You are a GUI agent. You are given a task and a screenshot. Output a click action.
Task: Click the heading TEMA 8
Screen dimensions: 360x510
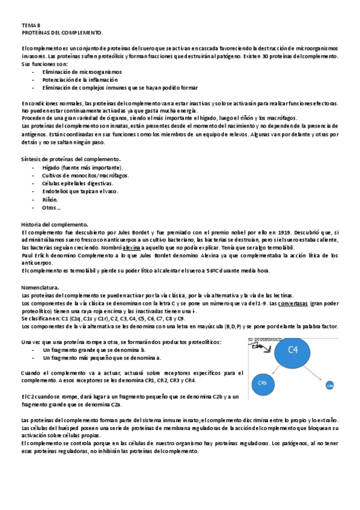[x=29, y=25]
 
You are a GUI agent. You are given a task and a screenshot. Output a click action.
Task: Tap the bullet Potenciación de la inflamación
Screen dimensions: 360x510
[x=79, y=79]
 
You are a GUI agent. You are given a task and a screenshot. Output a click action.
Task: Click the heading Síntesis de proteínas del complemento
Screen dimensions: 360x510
[x=72, y=159]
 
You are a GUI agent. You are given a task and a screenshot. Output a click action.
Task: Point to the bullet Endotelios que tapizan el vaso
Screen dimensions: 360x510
[x=80, y=191]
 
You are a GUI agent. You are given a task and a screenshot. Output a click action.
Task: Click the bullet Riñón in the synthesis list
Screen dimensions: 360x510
[x=50, y=199]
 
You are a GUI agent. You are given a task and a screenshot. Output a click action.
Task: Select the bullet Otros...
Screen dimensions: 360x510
[x=50, y=207]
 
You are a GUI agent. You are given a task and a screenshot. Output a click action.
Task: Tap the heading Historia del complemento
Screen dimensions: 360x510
[x=55, y=224]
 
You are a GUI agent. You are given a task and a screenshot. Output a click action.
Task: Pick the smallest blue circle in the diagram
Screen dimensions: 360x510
[x=330, y=385]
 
